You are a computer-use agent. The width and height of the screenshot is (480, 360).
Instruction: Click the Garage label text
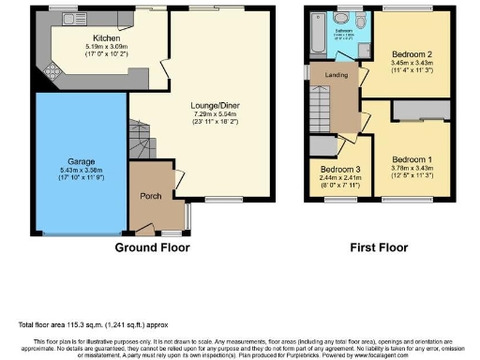coord(80,160)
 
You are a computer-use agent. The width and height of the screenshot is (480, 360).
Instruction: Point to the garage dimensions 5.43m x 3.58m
coord(80,171)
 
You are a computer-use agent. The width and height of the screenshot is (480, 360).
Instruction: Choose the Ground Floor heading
coord(151,248)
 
